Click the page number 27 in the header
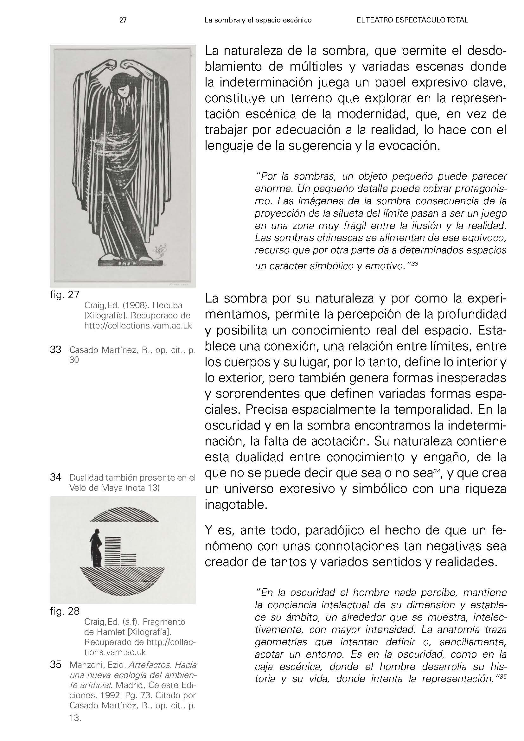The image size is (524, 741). tap(123, 20)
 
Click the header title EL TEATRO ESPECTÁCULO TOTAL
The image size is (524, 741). tap(412, 20)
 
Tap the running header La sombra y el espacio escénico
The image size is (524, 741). tap(258, 20)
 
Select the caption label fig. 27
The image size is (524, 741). tap(65, 295)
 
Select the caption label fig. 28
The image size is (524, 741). tap(65, 611)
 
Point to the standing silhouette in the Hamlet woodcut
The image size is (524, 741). tap(96, 548)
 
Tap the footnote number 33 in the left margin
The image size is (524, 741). tap(56, 350)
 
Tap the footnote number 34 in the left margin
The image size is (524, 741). tap(56, 478)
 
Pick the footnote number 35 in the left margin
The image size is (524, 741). tap(56, 665)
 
